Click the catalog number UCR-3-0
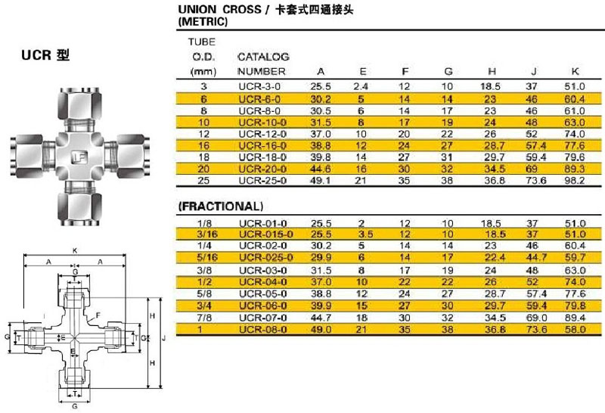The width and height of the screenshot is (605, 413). point(259,86)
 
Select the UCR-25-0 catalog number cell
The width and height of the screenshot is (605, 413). point(262,181)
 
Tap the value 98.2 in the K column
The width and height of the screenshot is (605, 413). point(575,181)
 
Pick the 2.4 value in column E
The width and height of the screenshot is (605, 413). point(361,86)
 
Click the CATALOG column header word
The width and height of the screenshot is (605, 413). point(263,57)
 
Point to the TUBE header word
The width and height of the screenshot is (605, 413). point(201,42)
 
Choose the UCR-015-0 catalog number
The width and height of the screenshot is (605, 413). point(266,234)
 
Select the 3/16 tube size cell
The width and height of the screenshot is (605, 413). point(206,234)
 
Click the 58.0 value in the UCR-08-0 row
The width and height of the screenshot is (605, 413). point(575,330)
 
